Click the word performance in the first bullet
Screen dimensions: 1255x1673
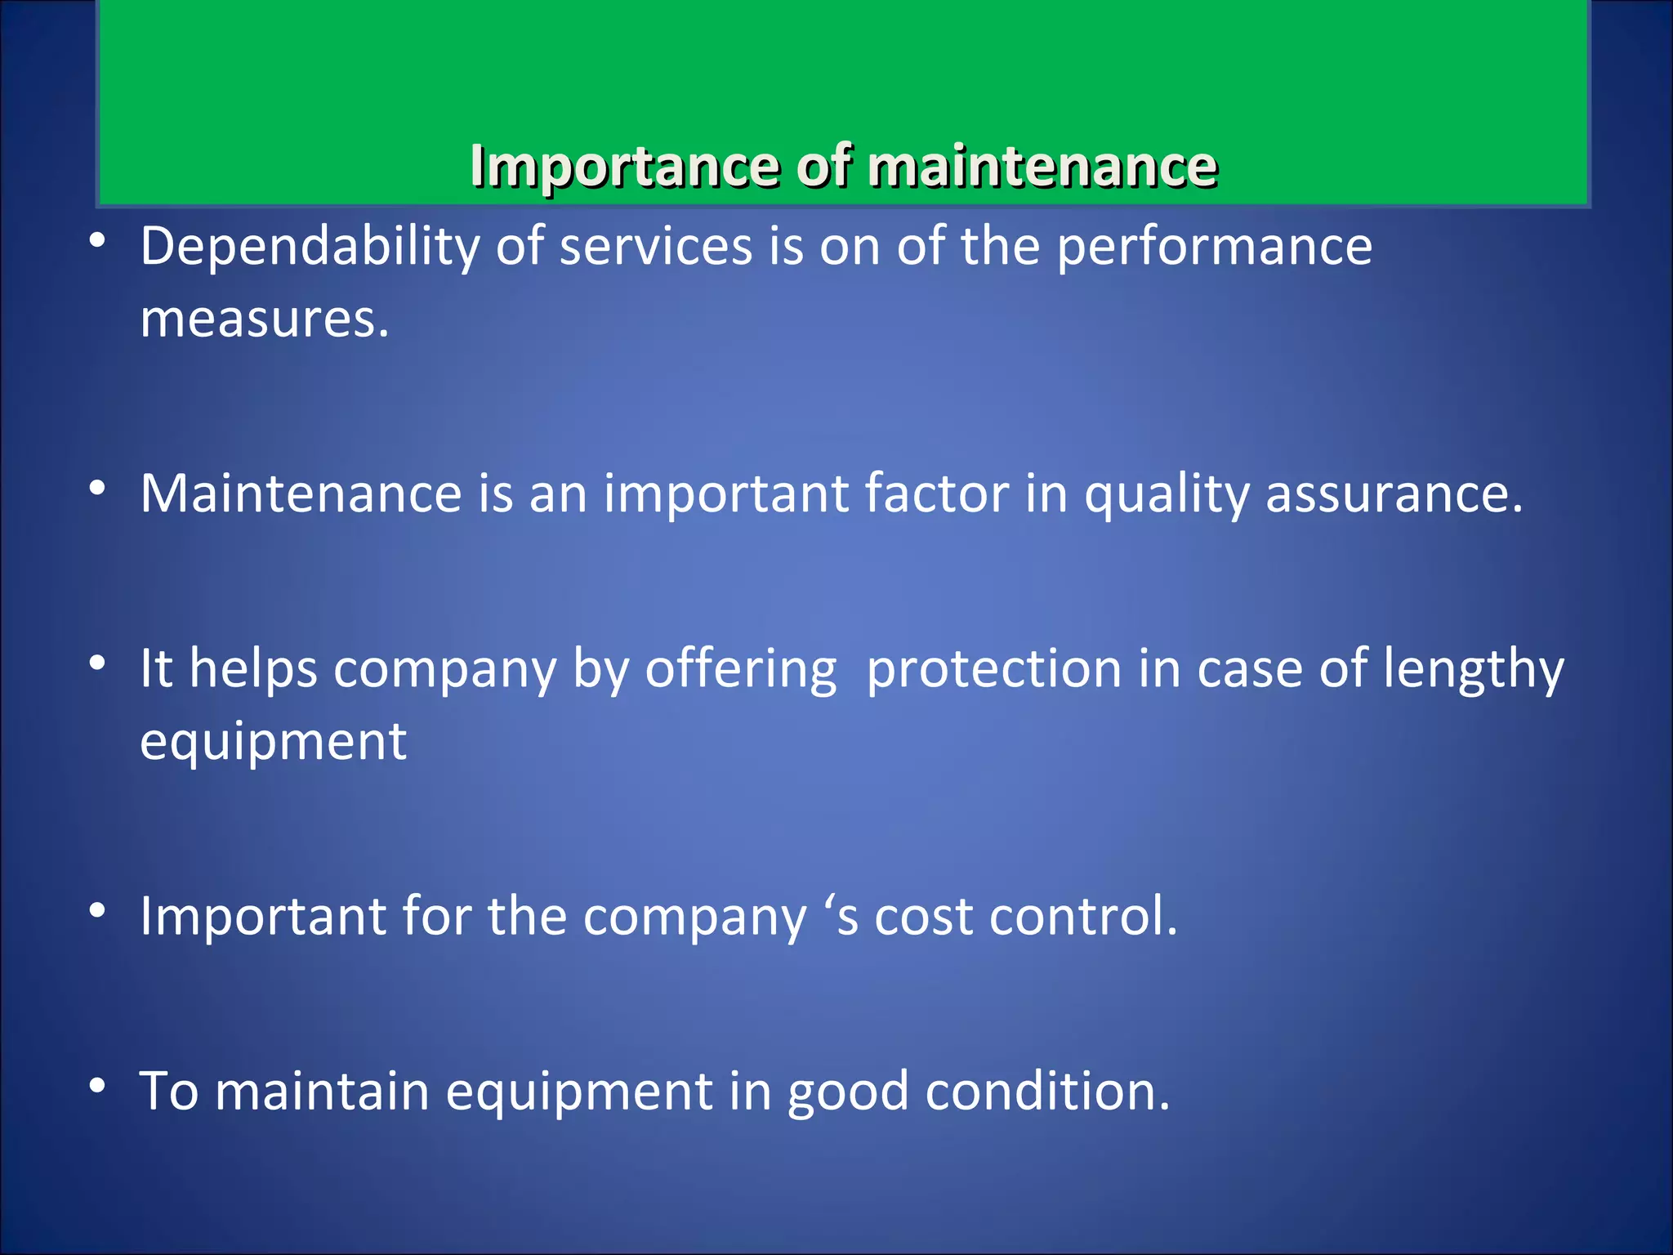[1214, 246]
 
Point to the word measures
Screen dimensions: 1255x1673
[264, 319]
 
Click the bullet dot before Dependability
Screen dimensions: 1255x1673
[98, 241]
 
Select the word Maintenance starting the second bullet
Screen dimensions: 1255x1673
[301, 494]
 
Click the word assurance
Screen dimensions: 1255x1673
[1394, 494]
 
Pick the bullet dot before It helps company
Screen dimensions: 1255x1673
[98, 663]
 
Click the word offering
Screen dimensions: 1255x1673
[741, 669]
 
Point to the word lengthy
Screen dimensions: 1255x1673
[1474, 669]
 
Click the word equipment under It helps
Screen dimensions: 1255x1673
[273, 742]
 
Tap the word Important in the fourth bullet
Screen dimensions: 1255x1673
[262, 916]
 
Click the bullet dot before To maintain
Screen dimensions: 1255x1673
[98, 1085]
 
